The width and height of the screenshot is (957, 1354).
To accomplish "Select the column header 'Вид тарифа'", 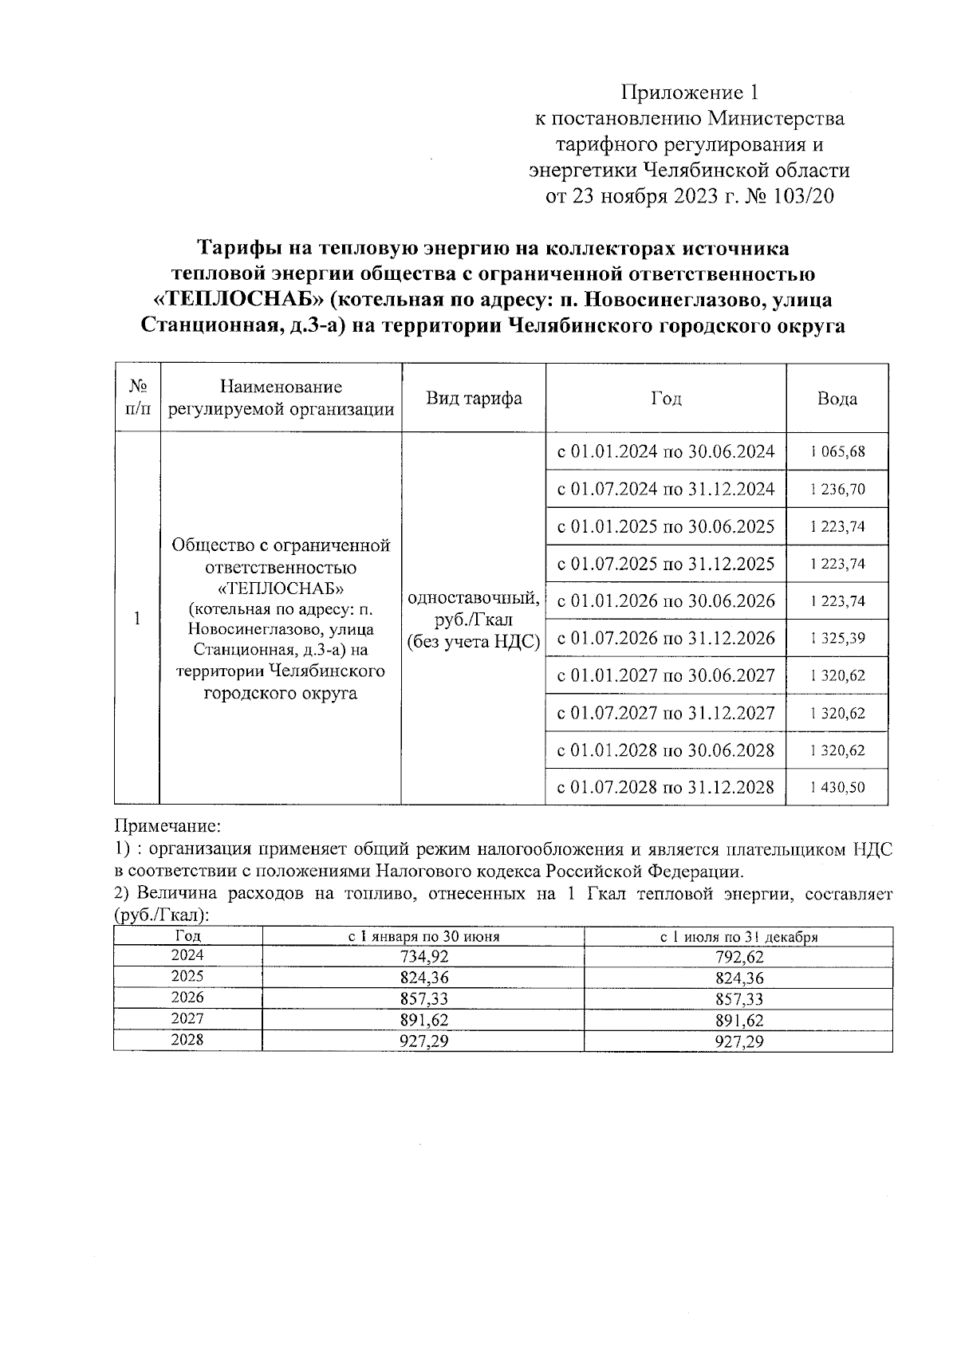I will (x=474, y=398).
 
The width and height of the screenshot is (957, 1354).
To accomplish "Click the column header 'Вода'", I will (x=837, y=398).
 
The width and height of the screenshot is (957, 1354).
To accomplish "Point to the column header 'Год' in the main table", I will (x=666, y=398).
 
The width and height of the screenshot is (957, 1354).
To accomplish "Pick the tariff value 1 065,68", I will (x=837, y=451).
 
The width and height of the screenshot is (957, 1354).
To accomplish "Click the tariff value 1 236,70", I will (x=837, y=489).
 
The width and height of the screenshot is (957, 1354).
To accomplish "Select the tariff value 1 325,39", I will (x=837, y=638).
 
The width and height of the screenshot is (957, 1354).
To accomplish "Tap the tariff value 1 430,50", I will (x=837, y=787).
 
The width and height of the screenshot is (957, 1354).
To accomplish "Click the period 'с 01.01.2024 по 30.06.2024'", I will (x=666, y=451).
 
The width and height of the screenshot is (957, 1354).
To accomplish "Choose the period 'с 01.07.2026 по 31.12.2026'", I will (x=666, y=638).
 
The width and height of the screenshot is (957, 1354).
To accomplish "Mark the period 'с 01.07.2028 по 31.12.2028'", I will (x=666, y=787).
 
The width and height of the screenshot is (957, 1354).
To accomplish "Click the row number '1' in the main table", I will (x=137, y=618).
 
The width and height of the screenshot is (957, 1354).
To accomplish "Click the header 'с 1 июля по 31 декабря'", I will (x=738, y=937).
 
